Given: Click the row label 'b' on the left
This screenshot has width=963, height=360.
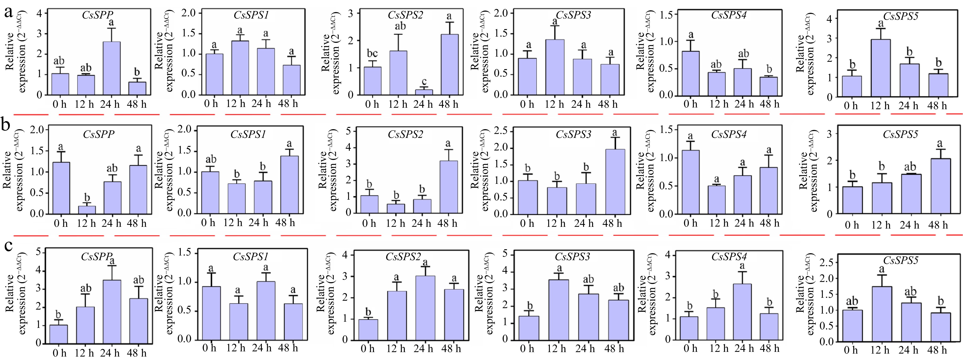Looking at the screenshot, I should pyautogui.click(x=6, y=125).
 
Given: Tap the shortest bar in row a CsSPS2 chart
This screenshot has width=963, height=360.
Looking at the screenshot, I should pyautogui.click(x=424, y=92).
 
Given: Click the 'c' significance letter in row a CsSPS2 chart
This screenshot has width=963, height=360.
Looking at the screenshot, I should pyautogui.click(x=424, y=82).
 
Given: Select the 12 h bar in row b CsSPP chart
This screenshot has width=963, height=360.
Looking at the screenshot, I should pyautogui.click(x=87, y=210).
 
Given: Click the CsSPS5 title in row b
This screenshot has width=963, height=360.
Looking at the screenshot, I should pyautogui.click(x=900, y=134).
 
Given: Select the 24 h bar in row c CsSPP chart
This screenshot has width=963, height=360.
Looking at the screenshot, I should pyautogui.click(x=111, y=311).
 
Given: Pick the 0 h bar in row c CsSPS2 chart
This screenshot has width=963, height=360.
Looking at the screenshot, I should pyautogui.click(x=368, y=329).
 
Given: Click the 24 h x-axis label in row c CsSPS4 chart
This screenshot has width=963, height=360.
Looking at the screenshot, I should pyautogui.click(x=744, y=348).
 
